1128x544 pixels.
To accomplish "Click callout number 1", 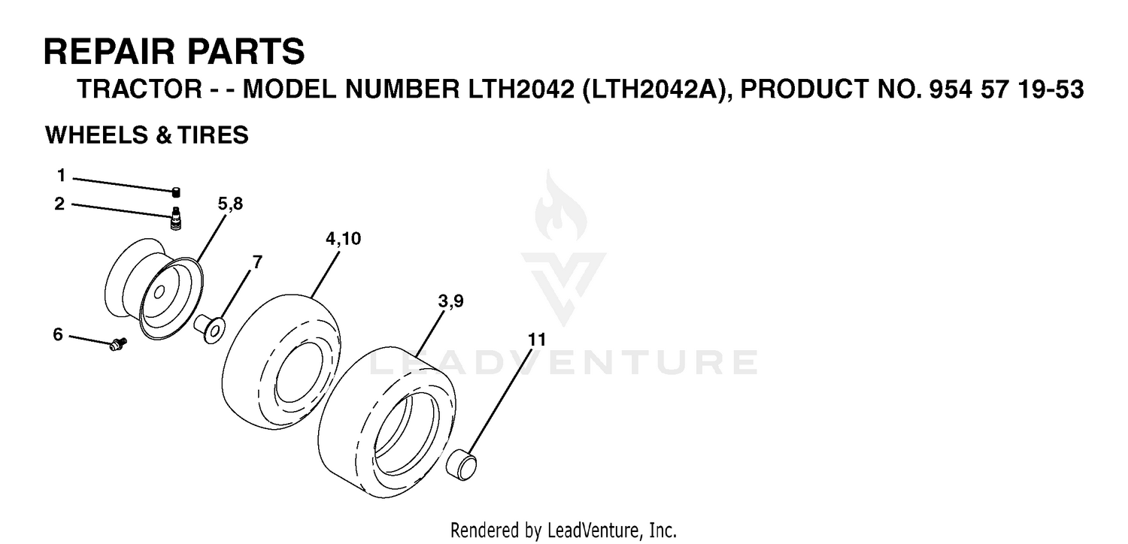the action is (62, 176).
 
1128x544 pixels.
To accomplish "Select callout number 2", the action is (60, 204).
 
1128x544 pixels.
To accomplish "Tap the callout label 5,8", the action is (230, 204).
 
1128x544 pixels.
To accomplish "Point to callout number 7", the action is (257, 262).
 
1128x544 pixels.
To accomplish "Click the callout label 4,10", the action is (344, 238).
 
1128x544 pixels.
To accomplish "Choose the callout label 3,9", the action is (450, 301).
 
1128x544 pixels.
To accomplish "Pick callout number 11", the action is (537, 340).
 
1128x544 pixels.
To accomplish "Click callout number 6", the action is (59, 334).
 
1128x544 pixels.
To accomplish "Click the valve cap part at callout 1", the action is (176, 192).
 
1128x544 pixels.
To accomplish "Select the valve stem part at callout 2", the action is (176, 219).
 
